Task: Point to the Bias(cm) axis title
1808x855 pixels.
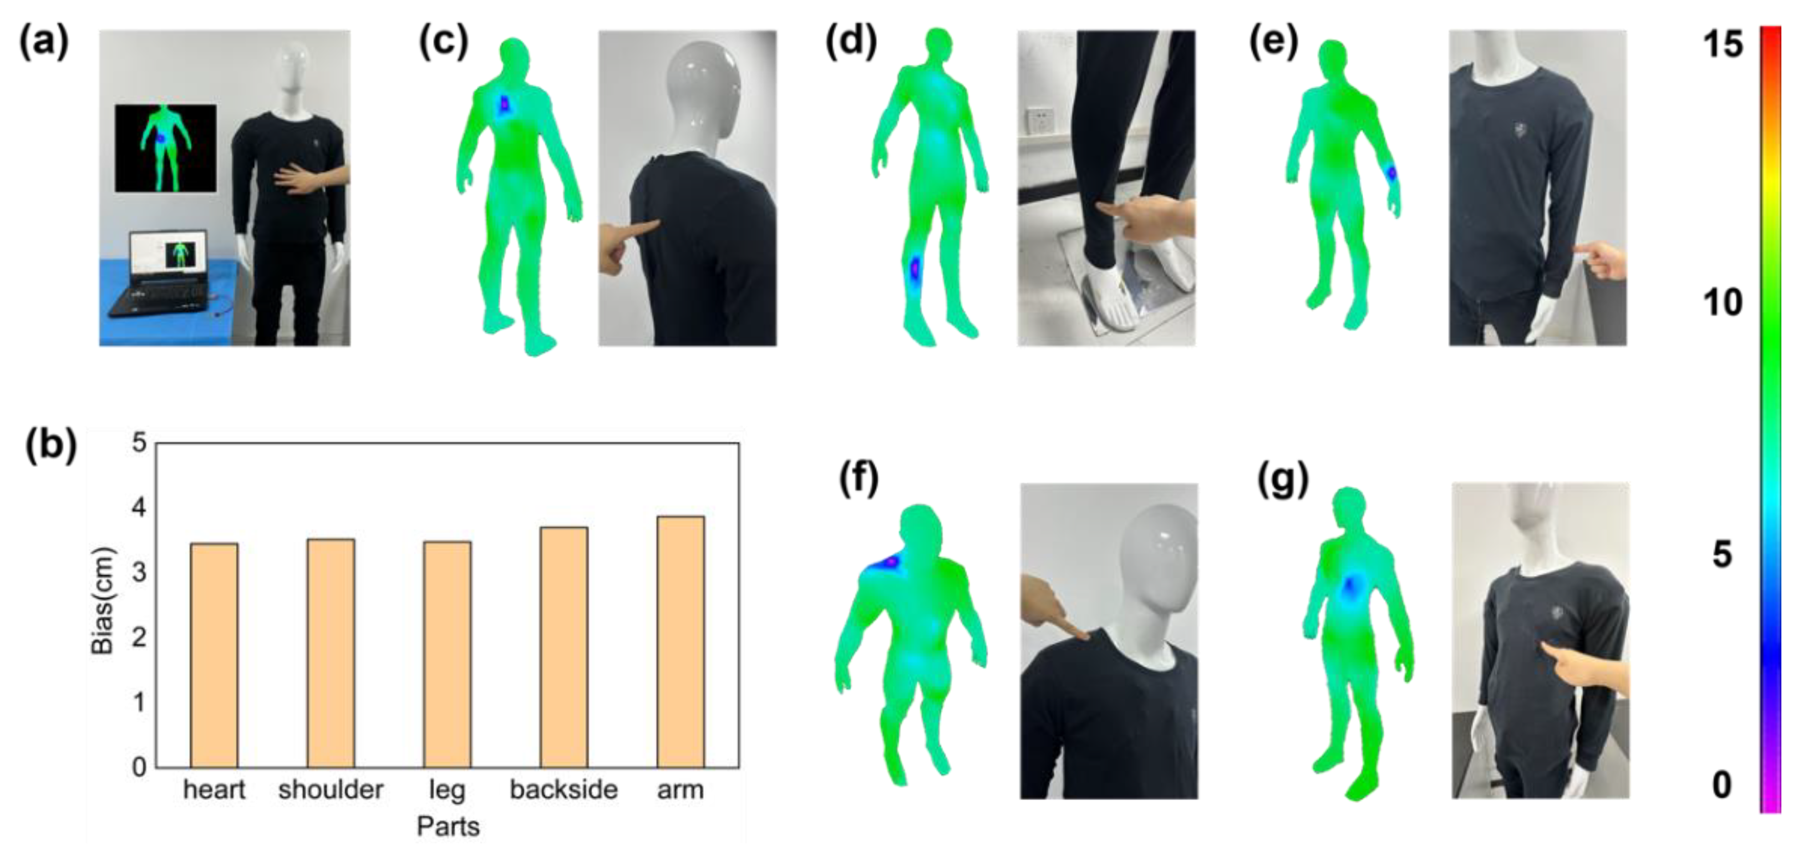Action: [103, 600]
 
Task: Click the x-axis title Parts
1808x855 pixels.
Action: [448, 826]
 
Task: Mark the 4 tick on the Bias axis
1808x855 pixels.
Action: [139, 507]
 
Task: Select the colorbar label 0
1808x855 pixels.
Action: [1721, 785]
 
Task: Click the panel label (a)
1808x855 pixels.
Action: [43, 43]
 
